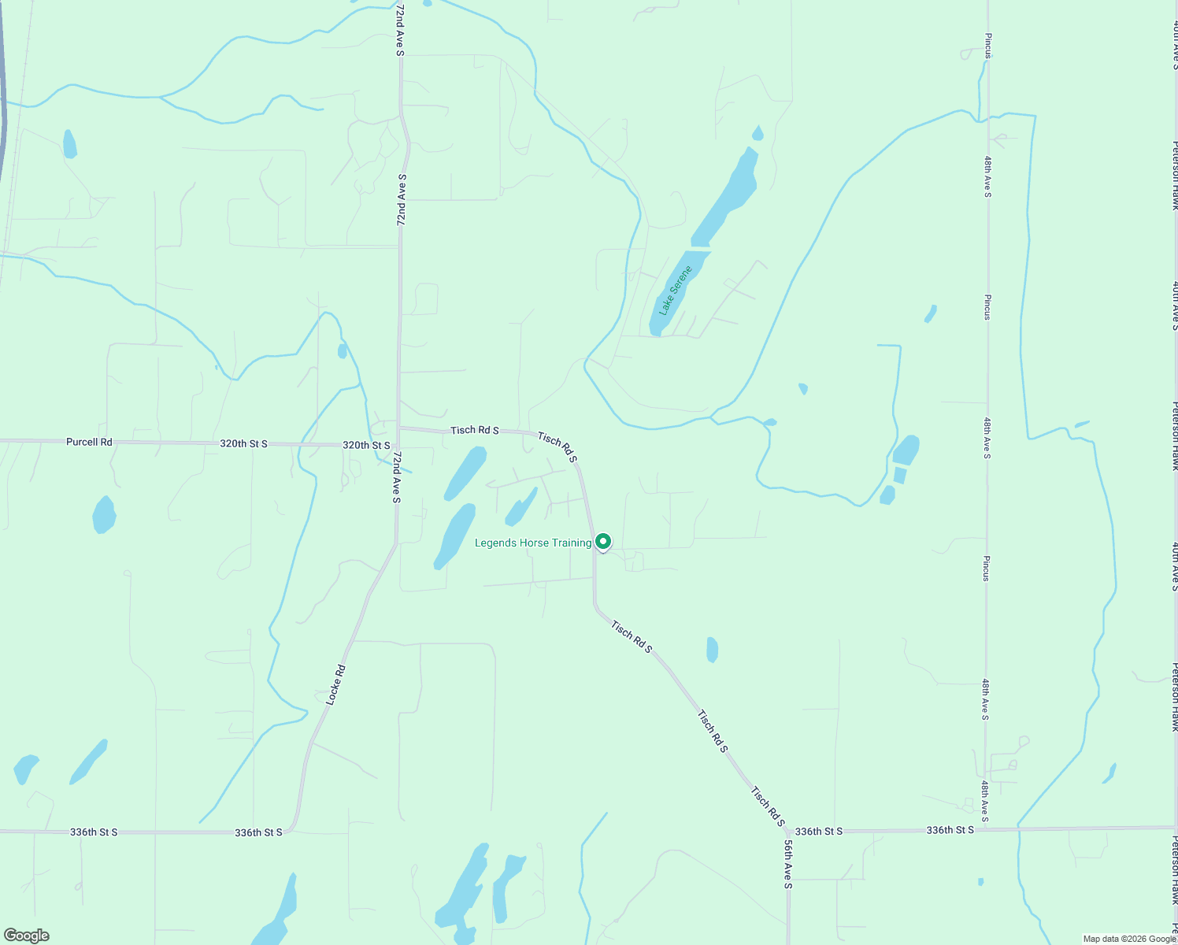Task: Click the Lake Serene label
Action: [676, 291]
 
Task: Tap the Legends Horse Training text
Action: [533, 543]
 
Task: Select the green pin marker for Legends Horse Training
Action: [602, 542]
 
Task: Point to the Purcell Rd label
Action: [89, 442]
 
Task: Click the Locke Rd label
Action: [336, 684]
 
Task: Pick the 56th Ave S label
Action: [787, 864]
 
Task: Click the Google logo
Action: [26, 936]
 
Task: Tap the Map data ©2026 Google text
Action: [1129, 939]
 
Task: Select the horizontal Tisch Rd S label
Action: [474, 430]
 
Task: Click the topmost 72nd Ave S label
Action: [400, 30]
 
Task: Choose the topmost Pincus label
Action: [987, 46]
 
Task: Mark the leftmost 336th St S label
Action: [94, 832]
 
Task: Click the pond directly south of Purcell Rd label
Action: [104, 514]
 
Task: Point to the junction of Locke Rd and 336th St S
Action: [290, 830]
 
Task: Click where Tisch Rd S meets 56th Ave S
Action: [787, 829]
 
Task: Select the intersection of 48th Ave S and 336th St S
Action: [986, 829]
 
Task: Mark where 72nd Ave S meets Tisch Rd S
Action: [399, 428]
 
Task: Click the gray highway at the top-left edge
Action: [2, 118]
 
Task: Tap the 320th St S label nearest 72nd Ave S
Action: [366, 446]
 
